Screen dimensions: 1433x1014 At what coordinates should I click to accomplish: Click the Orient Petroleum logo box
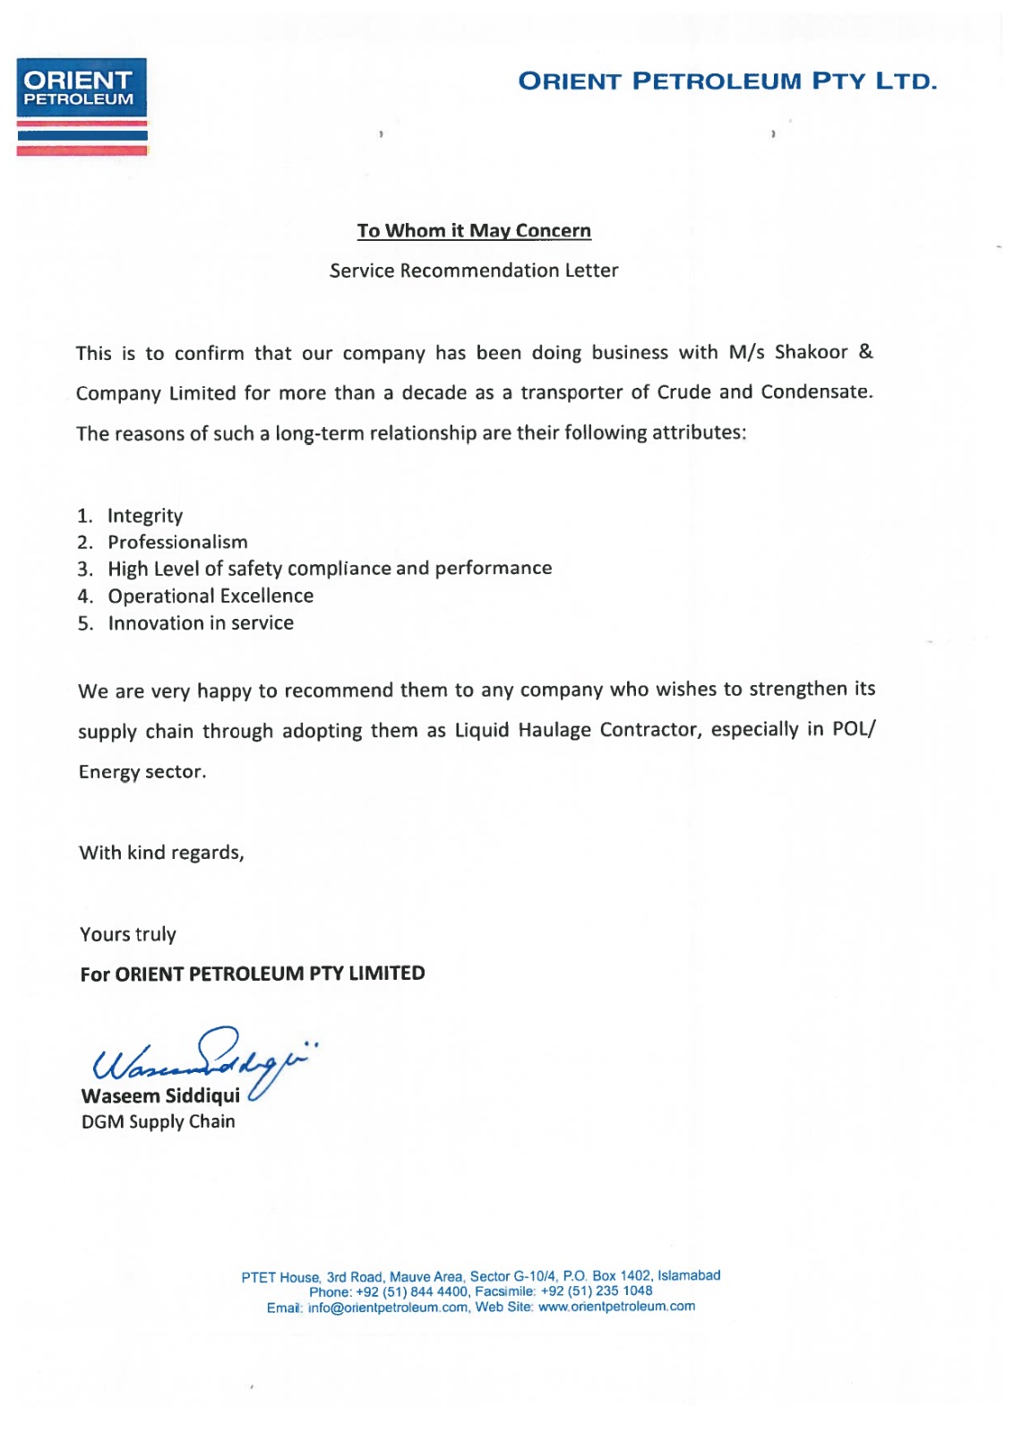coord(82,88)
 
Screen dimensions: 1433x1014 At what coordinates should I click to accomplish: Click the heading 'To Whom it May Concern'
coord(474,231)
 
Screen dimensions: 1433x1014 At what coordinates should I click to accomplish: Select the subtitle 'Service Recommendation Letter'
coord(474,270)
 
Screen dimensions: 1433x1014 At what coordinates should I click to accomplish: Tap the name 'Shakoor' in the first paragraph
coord(811,352)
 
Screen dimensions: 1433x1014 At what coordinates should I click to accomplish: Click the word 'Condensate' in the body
coord(815,392)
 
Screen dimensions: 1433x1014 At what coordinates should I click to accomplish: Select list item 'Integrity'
coord(145,516)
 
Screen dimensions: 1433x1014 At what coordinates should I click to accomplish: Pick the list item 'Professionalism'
coord(177,543)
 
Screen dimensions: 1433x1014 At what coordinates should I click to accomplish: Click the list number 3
coord(84,570)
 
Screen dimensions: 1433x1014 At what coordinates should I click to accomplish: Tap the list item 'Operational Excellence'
coord(211,596)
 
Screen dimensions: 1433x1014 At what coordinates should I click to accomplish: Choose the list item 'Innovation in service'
coord(201,623)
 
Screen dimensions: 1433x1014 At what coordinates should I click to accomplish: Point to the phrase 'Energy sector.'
coord(142,772)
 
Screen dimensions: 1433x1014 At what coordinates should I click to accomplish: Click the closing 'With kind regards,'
coord(161,853)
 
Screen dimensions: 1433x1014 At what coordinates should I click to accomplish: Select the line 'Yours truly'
coord(128,935)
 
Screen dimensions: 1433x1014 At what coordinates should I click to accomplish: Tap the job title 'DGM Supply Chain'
coord(159,1122)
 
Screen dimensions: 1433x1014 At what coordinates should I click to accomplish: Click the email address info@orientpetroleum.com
coord(388,1308)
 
